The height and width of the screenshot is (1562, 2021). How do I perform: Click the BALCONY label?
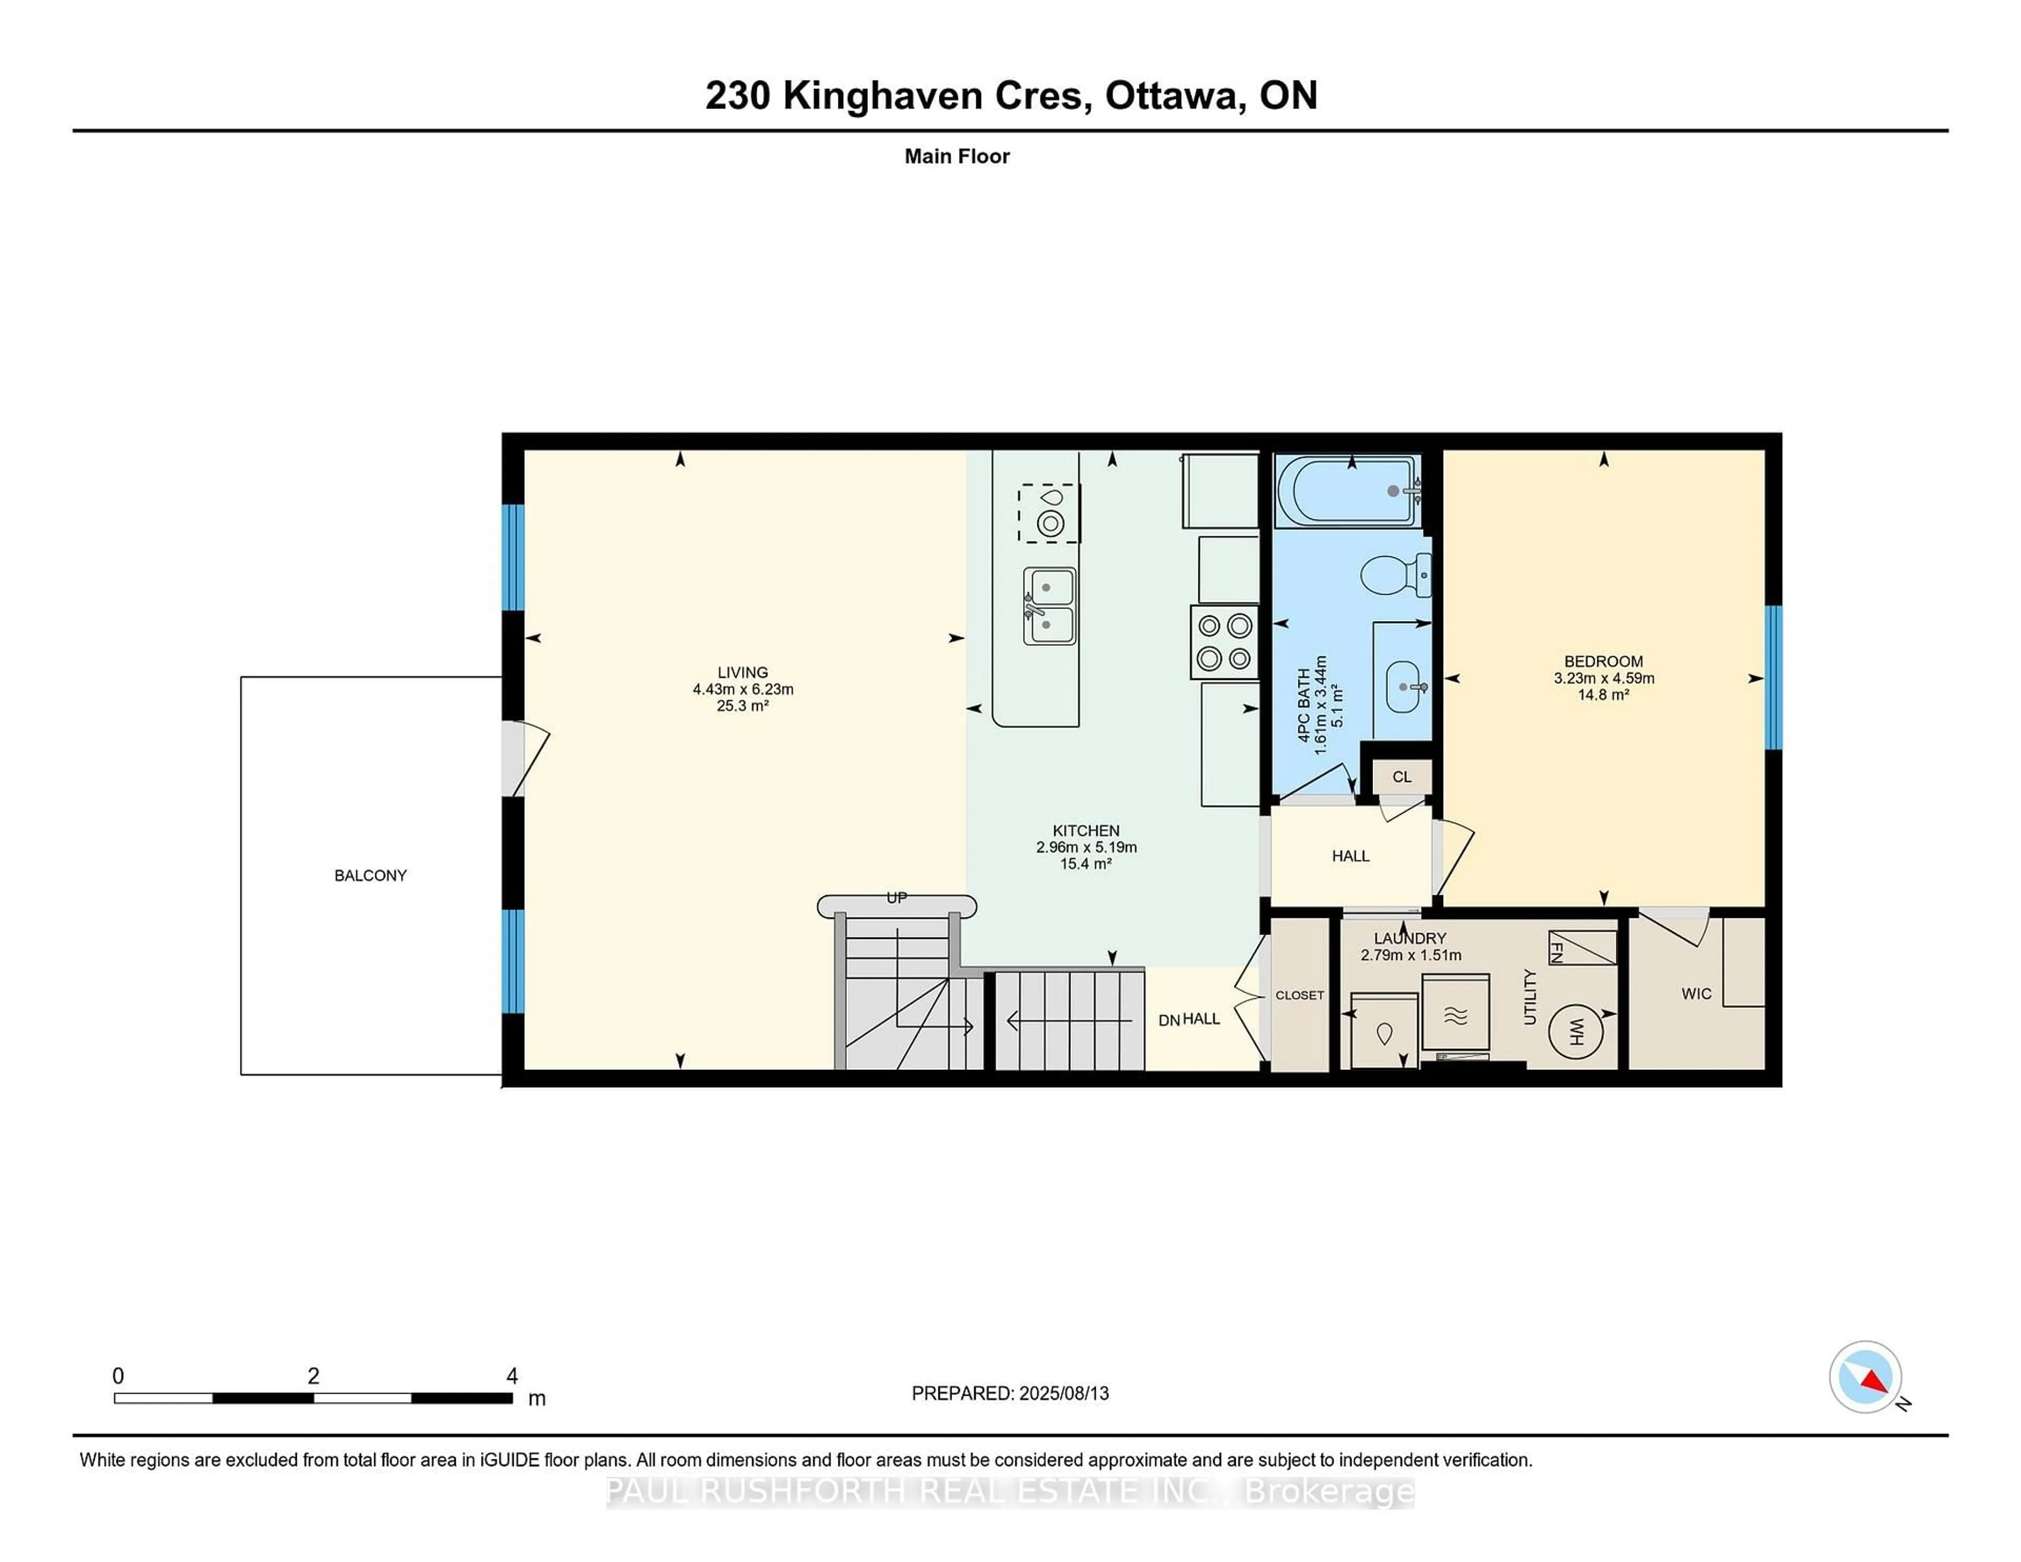(370, 875)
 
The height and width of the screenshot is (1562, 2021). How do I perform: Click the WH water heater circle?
(1576, 1031)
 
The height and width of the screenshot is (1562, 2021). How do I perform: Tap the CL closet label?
(1402, 776)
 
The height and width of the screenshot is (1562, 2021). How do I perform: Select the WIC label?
(1696, 994)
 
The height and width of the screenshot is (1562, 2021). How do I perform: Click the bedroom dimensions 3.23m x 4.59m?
(1604, 678)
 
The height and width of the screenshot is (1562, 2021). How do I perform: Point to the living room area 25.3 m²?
(742, 706)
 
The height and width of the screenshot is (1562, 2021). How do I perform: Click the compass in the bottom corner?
(1865, 1377)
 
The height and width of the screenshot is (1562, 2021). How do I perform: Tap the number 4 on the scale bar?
(512, 1376)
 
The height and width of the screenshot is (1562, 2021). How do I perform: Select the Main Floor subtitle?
(957, 156)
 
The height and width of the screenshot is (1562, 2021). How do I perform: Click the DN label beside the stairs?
(1169, 1020)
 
